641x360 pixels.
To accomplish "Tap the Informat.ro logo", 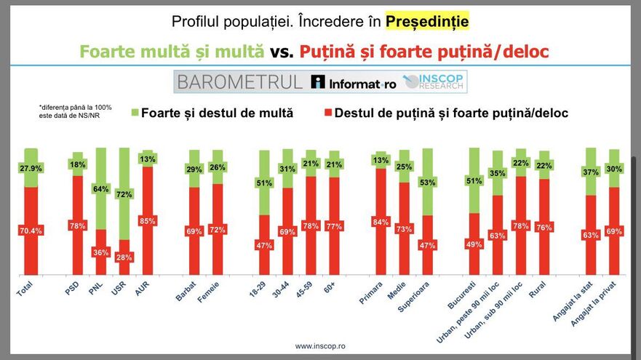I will click(x=354, y=82).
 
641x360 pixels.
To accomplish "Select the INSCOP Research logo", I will click(x=435, y=82).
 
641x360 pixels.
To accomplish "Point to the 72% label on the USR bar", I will click(x=124, y=195).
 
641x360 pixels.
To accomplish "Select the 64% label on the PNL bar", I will click(x=101, y=190).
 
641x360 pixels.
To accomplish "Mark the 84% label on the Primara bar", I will click(x=381, y=222).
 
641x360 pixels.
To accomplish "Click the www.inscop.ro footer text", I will click(x=319, y=346).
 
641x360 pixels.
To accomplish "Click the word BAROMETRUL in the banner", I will click(x=239, y=82).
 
